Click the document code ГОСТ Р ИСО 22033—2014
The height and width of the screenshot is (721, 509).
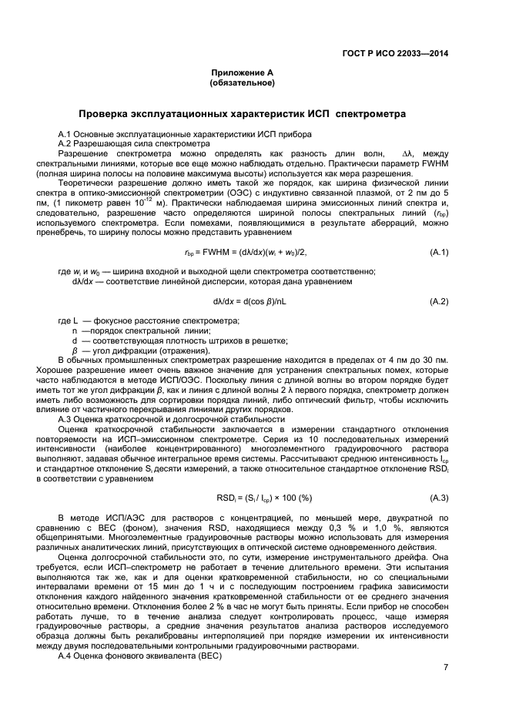(x=395, y=53)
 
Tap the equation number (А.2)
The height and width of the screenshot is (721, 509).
(x=439, y=300)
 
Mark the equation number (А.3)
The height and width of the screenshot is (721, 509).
(x=439, y=498)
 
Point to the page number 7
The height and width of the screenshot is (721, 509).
(x=446, y=668)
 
